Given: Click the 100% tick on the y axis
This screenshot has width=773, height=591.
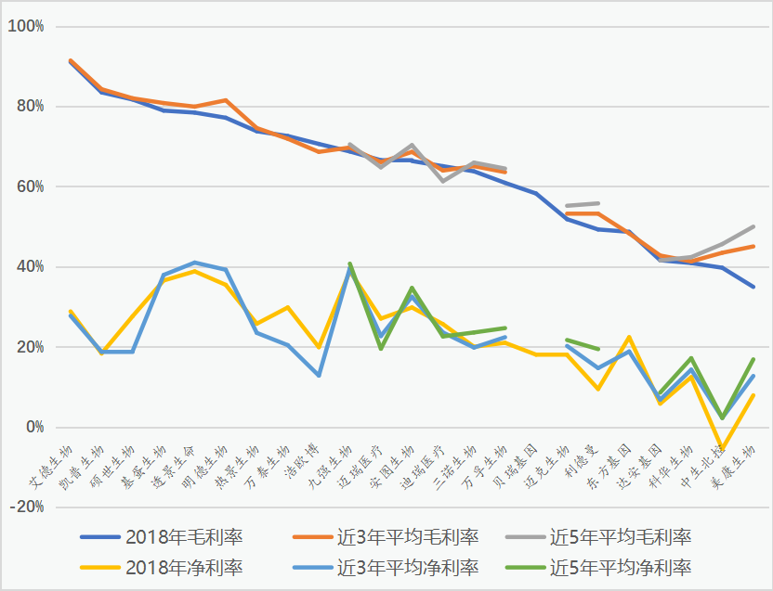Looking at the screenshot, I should [x=26, y=26].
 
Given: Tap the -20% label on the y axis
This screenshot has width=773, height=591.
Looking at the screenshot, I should [x=27, y=507].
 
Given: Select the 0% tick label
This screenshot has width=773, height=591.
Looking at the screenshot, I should [x=33, y=428].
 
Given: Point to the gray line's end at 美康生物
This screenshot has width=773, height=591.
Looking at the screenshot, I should [x=753, y=226].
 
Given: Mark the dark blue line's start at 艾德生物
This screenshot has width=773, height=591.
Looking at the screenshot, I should [x=71, y=62].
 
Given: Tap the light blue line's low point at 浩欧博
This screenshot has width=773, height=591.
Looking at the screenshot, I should [x=319, y=375].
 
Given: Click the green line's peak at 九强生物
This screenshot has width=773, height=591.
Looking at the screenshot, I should [x=349, y=263].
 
